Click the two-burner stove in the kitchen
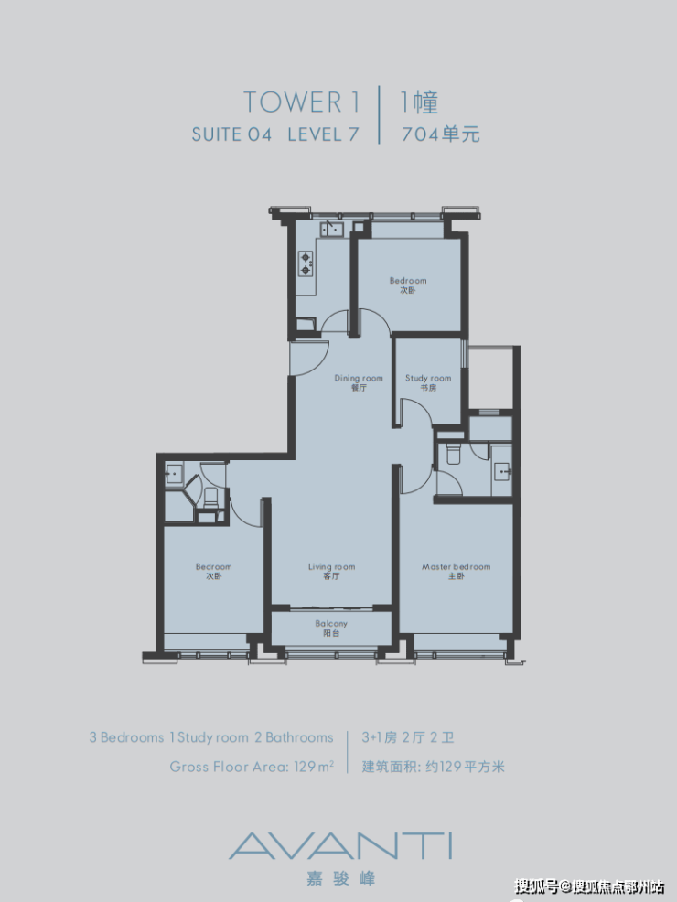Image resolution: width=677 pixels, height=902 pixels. tap(306, 263)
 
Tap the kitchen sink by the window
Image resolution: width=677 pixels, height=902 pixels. tap(331, 230)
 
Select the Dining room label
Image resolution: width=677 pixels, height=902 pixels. tap(359, 382)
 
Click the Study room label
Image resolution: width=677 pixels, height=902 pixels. tap(428, 382)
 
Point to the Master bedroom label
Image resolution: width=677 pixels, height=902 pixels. tap(457, 571)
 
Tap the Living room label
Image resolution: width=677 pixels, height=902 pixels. tap(331, 571)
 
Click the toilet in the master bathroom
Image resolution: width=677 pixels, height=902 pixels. tap(454, 455)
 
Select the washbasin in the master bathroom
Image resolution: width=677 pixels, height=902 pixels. tap(501, 471)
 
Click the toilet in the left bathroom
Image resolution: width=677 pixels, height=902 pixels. tap(210, 498)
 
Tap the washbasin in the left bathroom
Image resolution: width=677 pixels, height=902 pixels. tap(173, 474)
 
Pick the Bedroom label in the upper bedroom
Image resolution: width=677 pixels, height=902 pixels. tap(408, 285)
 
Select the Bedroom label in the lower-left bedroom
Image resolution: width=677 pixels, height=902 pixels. tap(213, 571)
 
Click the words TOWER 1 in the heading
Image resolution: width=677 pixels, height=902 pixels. tap(302, 102)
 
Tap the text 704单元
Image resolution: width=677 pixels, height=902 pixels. tap(441, 134)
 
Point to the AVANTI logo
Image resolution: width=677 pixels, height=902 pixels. tap(340, 845)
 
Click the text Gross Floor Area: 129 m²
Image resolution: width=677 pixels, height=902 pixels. tap(252, 767)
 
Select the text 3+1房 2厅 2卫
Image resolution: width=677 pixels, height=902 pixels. tap(408, 737)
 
